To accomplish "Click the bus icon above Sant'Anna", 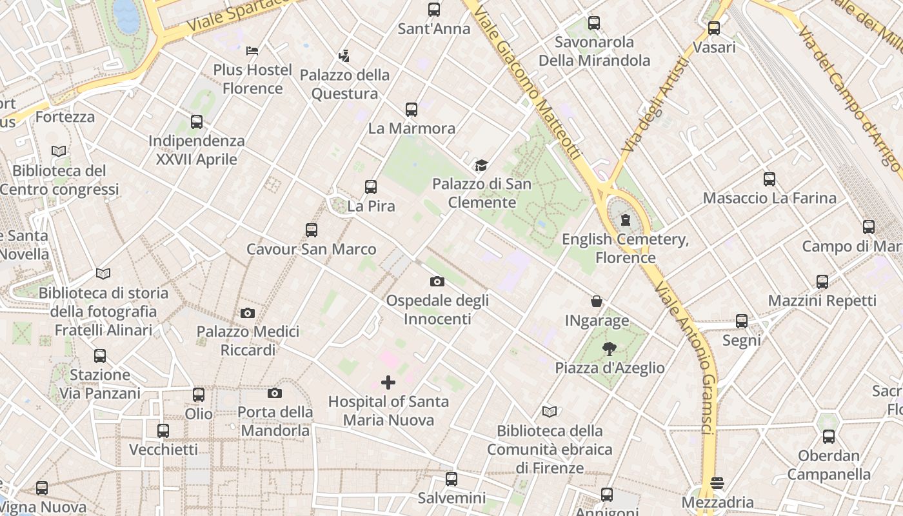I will (434, 10).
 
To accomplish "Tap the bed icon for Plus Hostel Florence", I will (253, 50).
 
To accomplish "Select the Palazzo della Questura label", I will (345, 84).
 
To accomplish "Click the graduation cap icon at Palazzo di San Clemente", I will (481, 166).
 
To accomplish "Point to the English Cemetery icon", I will (625, 220).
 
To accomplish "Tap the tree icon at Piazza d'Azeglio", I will (609, 349).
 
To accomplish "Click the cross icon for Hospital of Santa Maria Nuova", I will (388, 382).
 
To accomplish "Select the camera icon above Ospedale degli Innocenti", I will (437, 281).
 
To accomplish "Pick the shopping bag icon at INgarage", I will (597, 301).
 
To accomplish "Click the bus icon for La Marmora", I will (412, 110).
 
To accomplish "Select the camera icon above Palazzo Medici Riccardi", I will (247, 313).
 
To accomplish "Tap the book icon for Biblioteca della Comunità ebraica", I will (550, 412).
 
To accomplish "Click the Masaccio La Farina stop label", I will (769, 198).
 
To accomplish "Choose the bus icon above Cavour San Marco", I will (312, 230).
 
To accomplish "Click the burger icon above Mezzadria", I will (717, 483).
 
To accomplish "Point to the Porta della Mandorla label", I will (275, 421).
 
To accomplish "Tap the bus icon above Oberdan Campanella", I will (829, 437).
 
